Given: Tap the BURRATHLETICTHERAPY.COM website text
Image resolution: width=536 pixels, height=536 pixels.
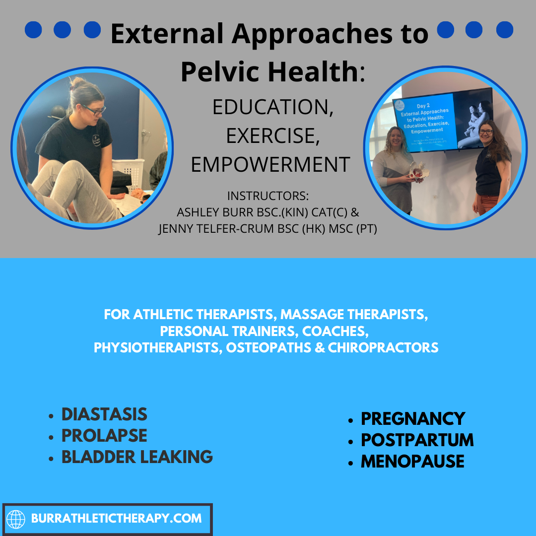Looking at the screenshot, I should tap(116, 519).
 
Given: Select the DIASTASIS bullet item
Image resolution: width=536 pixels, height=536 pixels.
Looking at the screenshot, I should tap(104, 414).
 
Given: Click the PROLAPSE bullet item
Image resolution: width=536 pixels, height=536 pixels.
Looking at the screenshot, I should tap(104, 435).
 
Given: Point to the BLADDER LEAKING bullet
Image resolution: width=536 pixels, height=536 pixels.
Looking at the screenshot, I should tap(137, 457).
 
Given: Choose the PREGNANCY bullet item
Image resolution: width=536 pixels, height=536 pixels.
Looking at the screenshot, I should tap(413, 418).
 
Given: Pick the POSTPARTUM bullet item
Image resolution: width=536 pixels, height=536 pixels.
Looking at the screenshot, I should tap(417, 440).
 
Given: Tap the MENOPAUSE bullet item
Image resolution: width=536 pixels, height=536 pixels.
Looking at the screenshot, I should tap(412, 461).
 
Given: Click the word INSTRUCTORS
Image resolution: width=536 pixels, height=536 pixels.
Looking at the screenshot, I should tap(268, 195).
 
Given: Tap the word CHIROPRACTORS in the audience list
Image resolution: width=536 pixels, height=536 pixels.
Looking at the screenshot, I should tap(382, 347).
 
